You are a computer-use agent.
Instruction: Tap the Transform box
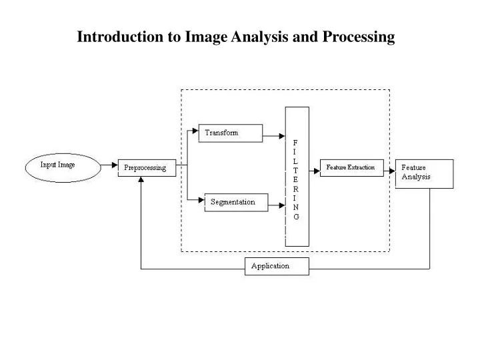[231, 133]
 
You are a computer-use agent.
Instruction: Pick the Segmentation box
[234, 202]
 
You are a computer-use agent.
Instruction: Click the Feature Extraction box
[351, 167]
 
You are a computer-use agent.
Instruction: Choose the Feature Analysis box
[424, 173]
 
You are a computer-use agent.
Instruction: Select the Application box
[277, 266]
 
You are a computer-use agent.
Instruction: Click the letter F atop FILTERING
[296, 142]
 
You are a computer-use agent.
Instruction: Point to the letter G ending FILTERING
[296, 217]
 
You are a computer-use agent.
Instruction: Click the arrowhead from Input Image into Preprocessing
[114, 166]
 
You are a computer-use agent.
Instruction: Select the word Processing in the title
[359, 37]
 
